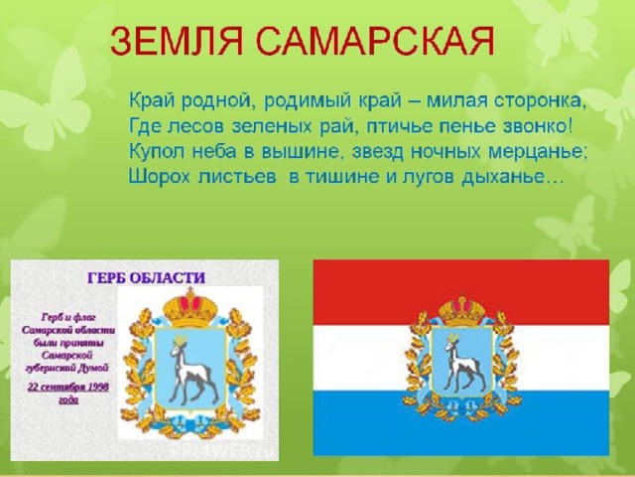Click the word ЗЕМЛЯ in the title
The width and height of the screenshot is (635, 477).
click(177, 41)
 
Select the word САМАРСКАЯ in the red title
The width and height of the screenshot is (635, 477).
click(375, 41)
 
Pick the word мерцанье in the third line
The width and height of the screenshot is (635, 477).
click(538, 152)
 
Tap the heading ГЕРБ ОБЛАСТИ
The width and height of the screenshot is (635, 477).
click(146, 278)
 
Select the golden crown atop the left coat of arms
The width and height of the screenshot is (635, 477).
click(190, 307)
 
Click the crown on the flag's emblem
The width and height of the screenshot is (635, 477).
click(462, 310)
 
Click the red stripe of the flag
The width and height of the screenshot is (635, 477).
click(461, 292)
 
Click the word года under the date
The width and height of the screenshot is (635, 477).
click(68, 399)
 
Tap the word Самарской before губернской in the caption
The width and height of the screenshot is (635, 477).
click(67, 356)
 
